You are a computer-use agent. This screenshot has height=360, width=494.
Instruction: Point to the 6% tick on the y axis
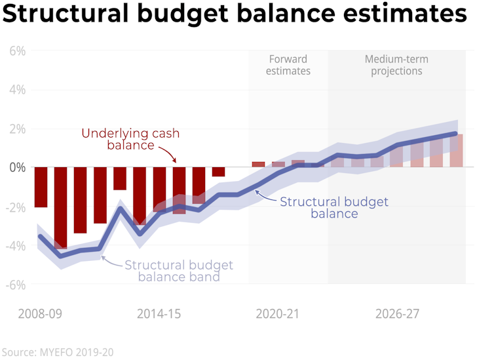point(17,50)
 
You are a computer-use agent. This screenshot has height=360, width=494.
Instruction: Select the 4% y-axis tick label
point(17,89)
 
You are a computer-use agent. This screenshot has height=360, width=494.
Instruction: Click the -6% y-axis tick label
point(15,285)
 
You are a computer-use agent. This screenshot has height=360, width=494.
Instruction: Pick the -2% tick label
point(15,207)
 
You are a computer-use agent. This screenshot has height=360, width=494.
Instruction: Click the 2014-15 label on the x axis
point(159,313)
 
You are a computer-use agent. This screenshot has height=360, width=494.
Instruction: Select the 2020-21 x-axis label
point(277,313)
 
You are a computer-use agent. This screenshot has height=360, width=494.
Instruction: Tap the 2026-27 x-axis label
point(397,313)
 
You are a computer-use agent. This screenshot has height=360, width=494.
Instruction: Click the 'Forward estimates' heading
point(288,65)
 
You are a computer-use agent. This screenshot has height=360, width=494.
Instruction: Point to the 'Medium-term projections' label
point(396,65)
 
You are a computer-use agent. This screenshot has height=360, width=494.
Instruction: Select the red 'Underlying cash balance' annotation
point(130,138)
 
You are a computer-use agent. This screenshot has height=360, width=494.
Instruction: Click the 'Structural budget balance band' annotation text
point(178,271)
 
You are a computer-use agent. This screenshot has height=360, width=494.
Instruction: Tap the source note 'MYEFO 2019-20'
point(58,352)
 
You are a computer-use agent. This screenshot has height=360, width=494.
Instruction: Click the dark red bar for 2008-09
point(41,188)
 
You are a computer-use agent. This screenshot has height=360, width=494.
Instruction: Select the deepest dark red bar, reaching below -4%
point(60,208)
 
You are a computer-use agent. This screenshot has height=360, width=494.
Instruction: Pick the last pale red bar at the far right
point(457,151)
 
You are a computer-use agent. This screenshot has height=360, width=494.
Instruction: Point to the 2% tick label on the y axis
point(17,129)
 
